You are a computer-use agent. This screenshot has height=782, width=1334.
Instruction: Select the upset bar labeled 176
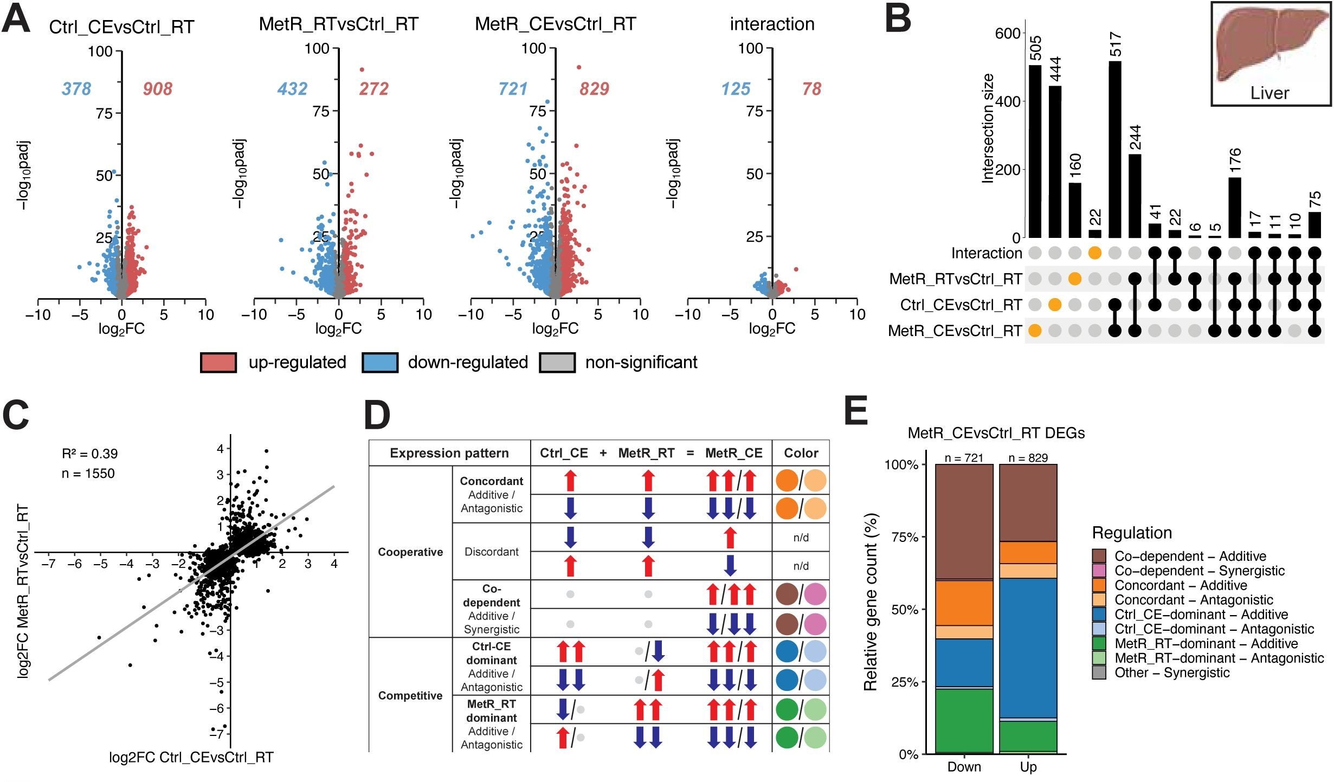point(1234,208)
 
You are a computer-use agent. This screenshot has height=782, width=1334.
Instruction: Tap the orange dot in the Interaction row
point(1094,253)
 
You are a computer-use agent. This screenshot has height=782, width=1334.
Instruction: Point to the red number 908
point(157,89)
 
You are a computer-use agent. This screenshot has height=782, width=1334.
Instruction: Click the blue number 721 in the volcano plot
point(512,89)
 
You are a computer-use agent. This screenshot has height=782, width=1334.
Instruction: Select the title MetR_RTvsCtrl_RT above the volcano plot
point(338,24)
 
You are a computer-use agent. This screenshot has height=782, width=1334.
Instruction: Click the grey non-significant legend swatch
point(557,363)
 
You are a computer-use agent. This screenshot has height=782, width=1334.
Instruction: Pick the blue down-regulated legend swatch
point(379,363)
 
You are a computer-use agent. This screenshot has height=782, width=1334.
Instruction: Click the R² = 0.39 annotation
point(89,454)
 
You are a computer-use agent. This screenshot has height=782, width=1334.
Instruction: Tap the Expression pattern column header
point(449,453)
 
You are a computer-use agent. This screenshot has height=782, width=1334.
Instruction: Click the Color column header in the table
point(801,453)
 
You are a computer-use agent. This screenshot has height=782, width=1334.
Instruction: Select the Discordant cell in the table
point(491,552)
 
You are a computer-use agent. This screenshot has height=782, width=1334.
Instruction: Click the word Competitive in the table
point(410,696)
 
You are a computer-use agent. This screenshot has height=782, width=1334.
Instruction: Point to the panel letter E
point(856,412)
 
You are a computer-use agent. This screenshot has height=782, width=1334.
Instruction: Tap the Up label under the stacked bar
point(1028,767)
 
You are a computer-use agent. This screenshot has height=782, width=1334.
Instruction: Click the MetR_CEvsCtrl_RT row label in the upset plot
point(955,331)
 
